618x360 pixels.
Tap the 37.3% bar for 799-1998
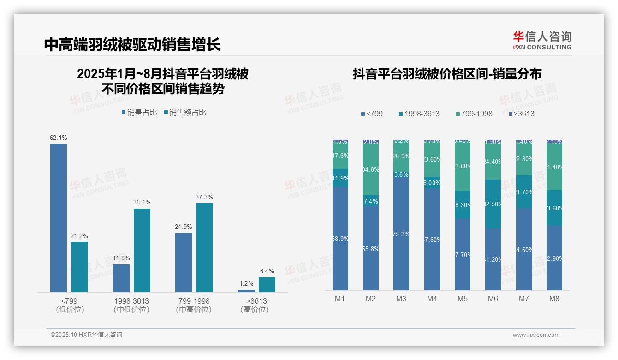click(x=204, y=247)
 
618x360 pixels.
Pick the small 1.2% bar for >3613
click(x=246, y=291)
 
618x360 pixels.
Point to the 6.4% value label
click(x=267, y=271)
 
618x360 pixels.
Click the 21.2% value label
click(x=79, y=236)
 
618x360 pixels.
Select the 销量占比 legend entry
click(x=139, y=112)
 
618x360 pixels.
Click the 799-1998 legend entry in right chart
click(x=473, y=114)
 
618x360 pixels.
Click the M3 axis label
click(x=401, y=299)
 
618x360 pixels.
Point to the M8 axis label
click(x=554, y=299)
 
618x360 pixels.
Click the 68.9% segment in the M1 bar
click(x=340, y=239)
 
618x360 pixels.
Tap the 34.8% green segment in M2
click(x=371, y=169)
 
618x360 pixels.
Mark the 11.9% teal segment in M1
click(x=340, y=178)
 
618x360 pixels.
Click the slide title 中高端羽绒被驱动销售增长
click(x=132, y=44)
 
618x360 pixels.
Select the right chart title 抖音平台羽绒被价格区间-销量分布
click(x=447, y=74)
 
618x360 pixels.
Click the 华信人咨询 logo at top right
click(x=542, y=40)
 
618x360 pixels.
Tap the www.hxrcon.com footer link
click(x=536, y=335)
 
